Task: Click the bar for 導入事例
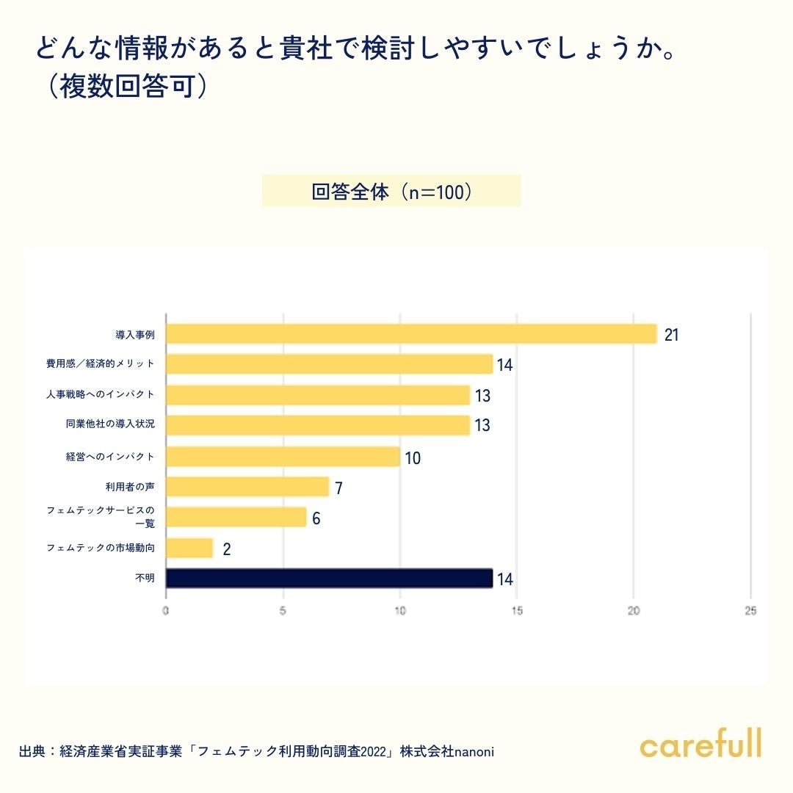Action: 411,334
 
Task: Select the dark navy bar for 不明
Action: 329,579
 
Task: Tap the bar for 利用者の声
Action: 247,487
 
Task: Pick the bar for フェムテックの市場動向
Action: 189,548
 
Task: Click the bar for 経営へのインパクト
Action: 283,457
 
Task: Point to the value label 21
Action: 671,335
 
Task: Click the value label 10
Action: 413,458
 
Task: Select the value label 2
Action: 226,549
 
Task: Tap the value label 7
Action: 338,488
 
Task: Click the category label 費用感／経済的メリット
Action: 101,363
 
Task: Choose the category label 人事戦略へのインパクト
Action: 101,394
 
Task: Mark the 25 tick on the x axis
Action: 750,611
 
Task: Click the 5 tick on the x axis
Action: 283,611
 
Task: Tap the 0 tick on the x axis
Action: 166,611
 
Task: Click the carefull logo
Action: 700,744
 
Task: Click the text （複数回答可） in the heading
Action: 123,86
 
